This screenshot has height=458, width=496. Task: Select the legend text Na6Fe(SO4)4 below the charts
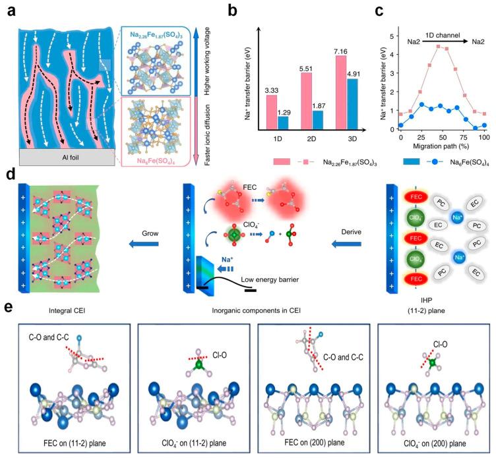click(449, 179)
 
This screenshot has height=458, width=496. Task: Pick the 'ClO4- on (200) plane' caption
click(432, 436)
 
